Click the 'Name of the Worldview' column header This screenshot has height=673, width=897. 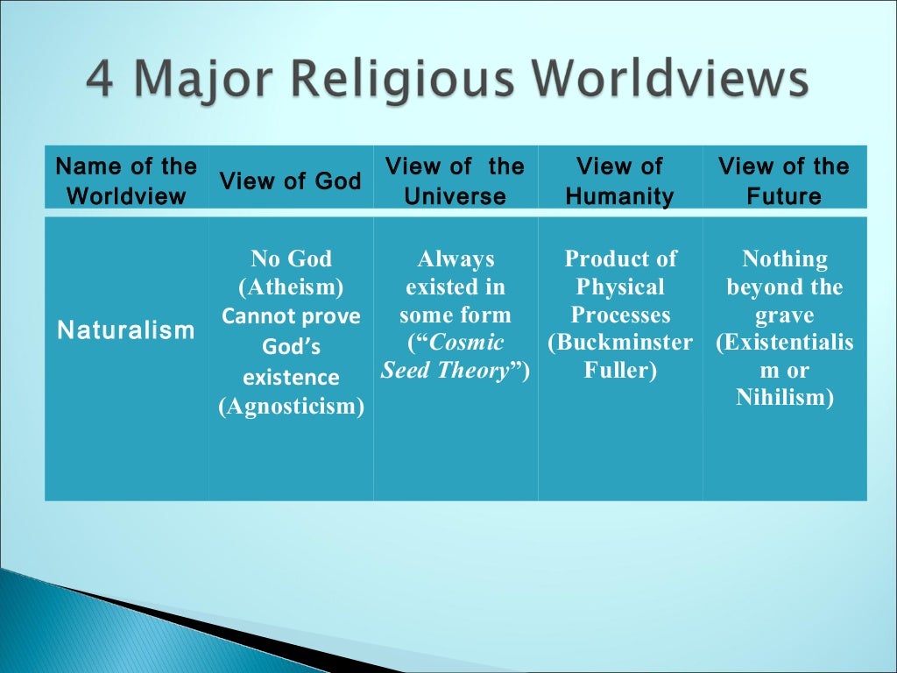[126, 181]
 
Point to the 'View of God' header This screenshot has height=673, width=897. [290, 181]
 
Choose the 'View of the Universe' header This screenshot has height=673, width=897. [455, 181]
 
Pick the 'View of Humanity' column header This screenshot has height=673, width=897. [619, 181]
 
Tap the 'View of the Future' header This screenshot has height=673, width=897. [783, 181]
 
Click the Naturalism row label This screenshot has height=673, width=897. [126, 330]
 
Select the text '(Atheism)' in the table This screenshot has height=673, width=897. [291, 287]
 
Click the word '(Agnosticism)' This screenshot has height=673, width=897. [291, 407]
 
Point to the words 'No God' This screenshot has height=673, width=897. [291, 259]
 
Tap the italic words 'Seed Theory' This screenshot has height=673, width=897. [445, 371]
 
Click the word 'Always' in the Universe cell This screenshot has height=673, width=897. [456, 259]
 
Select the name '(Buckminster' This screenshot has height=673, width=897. [620, 343]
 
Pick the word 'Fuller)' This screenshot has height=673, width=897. [620, 371]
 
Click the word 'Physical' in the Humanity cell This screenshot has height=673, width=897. [620, 287]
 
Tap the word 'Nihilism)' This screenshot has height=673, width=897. [784, 398]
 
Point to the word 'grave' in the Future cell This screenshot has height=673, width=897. [784, 315]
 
